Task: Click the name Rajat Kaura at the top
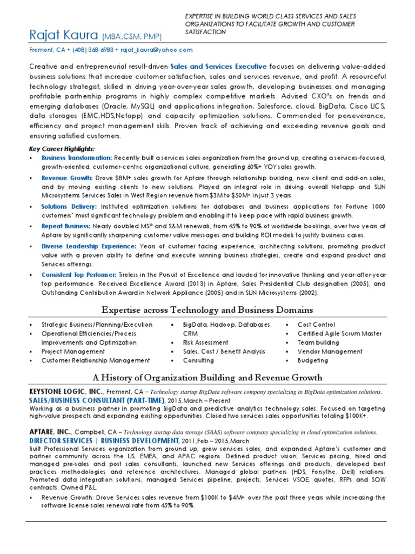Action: [x=63, y=36]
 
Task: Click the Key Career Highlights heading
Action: [x=61, y=149]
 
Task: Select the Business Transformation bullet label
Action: [x=76, y=157]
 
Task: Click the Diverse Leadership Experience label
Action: [x=89, y=246]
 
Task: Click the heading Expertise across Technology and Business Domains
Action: [x=207, y=310]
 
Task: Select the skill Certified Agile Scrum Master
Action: [x=340, y=334]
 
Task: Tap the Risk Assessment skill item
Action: [x=198, y=342]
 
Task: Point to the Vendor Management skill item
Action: [x=330, y=351]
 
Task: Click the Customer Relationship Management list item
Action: [x=96, y=360]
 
